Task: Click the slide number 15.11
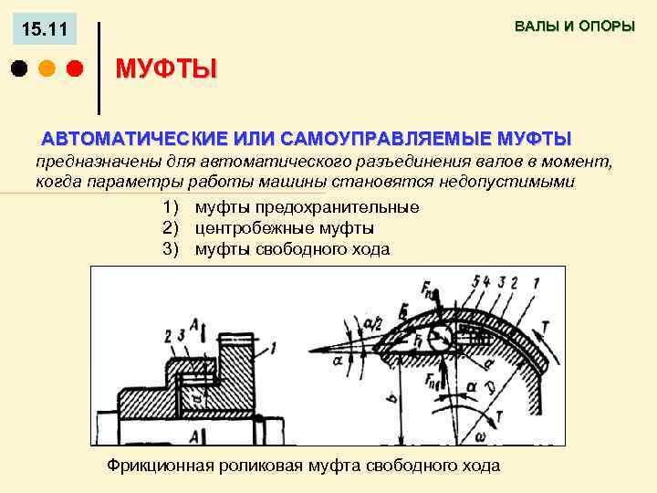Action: click(x=44, y=31)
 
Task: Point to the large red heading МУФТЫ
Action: click(x=166, y=69)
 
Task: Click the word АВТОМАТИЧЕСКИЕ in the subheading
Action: click(x=134, y=140)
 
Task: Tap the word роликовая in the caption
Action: click(x=264, y=466)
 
